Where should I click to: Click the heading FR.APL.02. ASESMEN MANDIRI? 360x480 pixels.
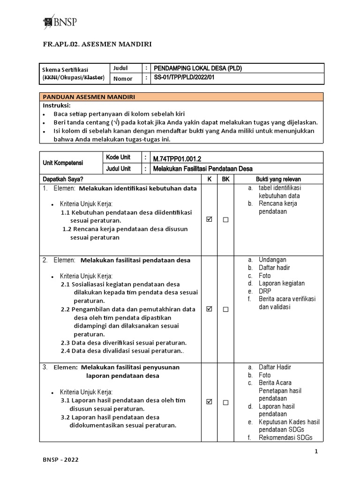[97, 45]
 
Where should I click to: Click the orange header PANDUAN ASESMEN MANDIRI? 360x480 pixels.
[89, 97]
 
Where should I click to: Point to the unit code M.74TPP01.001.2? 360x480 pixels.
[177, 159]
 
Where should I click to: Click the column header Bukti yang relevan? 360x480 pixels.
[278, 179]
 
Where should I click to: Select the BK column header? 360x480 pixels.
[225, 179]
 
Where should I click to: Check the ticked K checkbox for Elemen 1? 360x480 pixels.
[210, 219]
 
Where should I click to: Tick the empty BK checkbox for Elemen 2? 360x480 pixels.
[225, 309]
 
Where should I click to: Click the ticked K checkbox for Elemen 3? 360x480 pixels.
[210, 402]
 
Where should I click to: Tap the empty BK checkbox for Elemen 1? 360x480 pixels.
[225, 220]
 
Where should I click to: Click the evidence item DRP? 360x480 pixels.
[265, 291]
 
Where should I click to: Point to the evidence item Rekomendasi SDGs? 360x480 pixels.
[285, 438]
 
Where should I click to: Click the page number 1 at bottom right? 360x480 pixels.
[316, 451]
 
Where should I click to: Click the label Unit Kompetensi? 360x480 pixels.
[63, 163]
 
